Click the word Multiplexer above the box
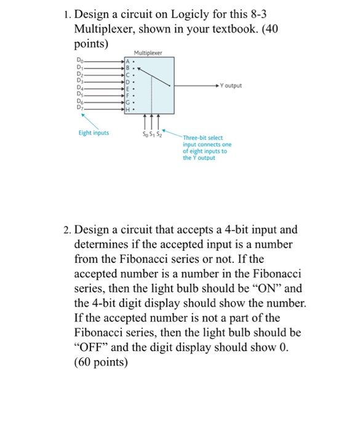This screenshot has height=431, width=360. (x=148, y=53)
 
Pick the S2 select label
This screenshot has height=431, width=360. (x=159, y=135)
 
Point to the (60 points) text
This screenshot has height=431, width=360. (x=101, y=363)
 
